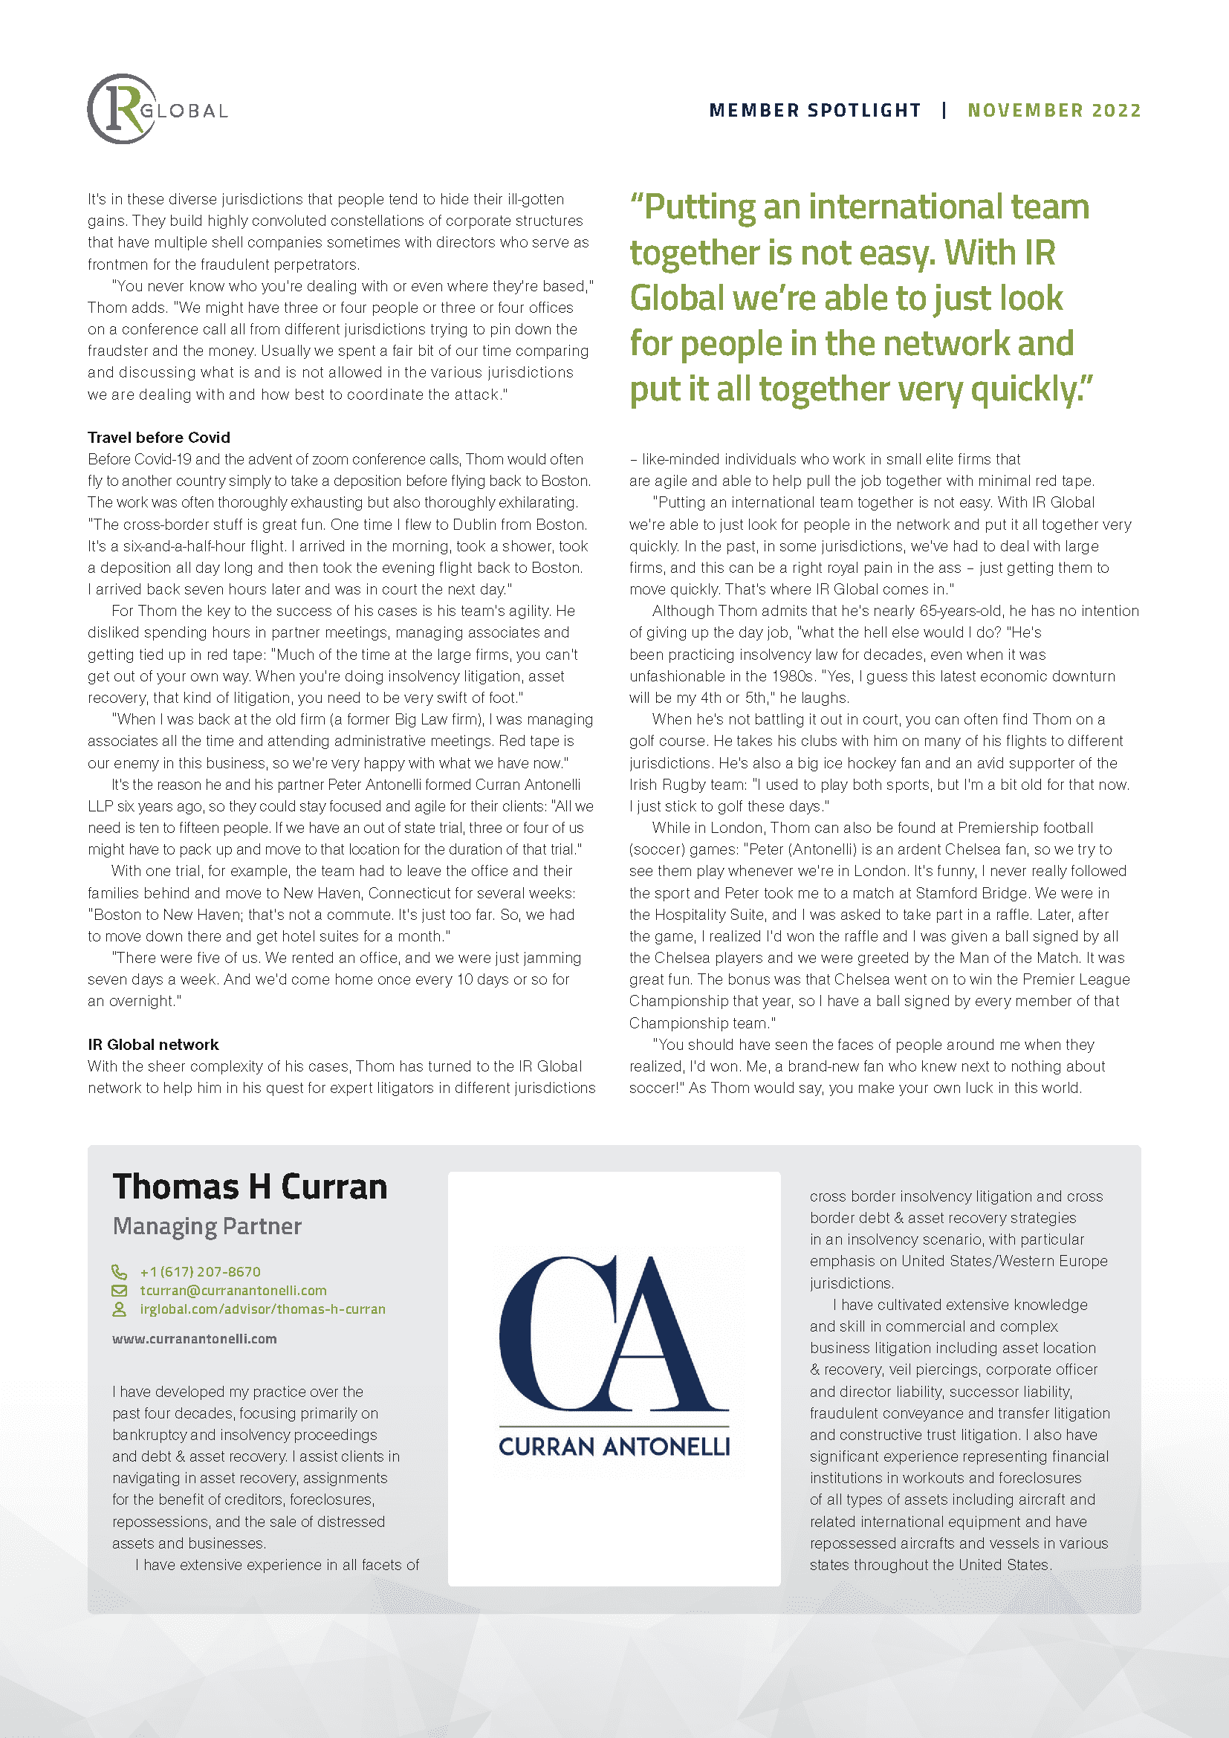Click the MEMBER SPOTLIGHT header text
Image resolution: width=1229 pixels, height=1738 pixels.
(x=815, y=111)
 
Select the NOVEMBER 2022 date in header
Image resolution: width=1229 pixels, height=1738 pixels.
(x=1054, y=111)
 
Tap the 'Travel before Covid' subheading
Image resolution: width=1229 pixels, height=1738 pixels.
(x=159, y=437)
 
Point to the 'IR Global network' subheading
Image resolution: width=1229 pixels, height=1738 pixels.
(x=153, y=1045)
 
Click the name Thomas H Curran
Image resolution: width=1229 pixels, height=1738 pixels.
(x=250, y=1186)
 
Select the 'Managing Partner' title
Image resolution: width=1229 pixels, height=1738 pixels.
(x=207, y=1225)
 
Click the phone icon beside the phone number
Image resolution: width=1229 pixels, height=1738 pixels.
(x=119, y=1271)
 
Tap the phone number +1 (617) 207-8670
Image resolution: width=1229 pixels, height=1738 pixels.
(x=201, y=1271)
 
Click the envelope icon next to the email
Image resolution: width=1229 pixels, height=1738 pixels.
(x=119, y=1290)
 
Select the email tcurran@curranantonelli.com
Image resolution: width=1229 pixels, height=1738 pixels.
(x=233, y=1290)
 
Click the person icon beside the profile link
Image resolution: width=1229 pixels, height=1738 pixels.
(x=119, y=1309)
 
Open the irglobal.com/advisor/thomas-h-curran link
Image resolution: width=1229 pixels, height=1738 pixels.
(x=262, y=1309)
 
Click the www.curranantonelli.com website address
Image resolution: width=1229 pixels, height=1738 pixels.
(x=195, y=1338)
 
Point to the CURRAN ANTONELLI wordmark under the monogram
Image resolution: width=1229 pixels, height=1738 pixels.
(x=614, y=1447)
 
